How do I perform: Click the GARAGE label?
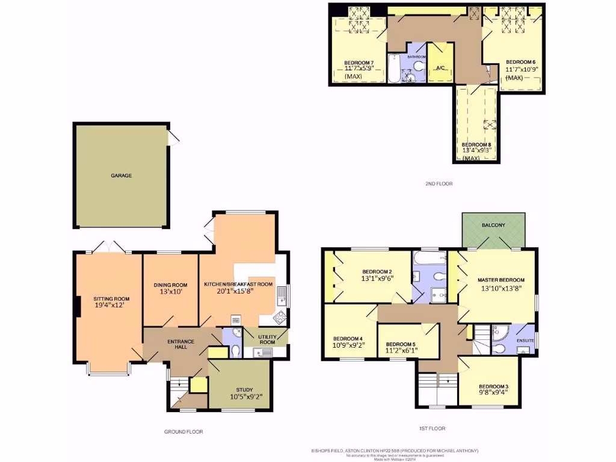tap(121, 176)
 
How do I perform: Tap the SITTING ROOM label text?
tap(111, 298)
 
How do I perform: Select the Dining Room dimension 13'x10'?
tap(171, 292)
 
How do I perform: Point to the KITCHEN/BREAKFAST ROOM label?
tap(238, 284)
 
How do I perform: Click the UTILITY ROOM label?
tap(267, 339)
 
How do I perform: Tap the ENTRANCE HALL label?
tap(180, 345)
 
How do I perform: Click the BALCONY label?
tap(493, 225)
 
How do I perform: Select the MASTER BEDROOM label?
tap(501, 280)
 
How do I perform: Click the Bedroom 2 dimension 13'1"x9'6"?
tap(377, 279)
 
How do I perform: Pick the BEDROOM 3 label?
tap(493, 386)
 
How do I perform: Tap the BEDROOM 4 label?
tap(348, 338)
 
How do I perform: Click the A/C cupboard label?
tap(440, 68)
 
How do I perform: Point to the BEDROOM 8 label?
tap(476, 145)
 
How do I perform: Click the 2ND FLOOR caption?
tap(439, 183)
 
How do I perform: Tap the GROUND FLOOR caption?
tap(183, 432)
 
